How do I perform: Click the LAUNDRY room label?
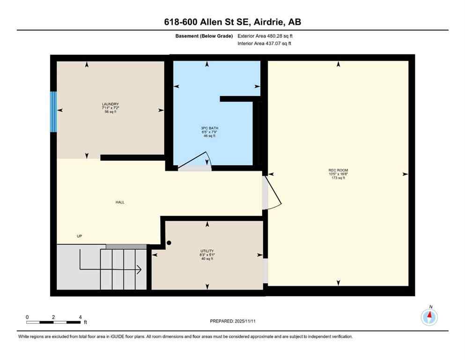(x=111, y=104)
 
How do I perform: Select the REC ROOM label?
(x=338, y=170)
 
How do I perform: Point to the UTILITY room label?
(x=207, y=251)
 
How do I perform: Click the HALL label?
(x=120, y=202)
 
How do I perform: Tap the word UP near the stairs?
(x=79, y=236)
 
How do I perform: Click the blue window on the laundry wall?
(x=53, y=112)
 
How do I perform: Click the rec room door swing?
(x=272, y=192)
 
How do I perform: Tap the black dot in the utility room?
(x=170, y=243)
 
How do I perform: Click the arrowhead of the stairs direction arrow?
(x=139, y=270)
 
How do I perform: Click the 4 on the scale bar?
(x=80, y=317)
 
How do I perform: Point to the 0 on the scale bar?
(x=27, y=317)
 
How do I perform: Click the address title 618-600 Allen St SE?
(x=232, y=22)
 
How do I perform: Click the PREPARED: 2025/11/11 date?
(x=232, y=321)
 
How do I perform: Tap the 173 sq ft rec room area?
(x=338, y=178)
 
